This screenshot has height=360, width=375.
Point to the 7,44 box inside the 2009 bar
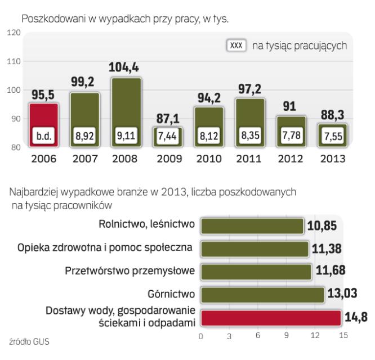point(167,136)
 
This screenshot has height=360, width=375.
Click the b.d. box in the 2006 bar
point(43,136)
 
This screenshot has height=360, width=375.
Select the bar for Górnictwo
point(262,294)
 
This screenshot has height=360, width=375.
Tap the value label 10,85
point(322,226)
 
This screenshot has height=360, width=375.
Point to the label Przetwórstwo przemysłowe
point(131,271)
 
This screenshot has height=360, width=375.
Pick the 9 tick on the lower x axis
point(287,336)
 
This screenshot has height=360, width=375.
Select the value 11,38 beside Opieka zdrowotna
point(327,248)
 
